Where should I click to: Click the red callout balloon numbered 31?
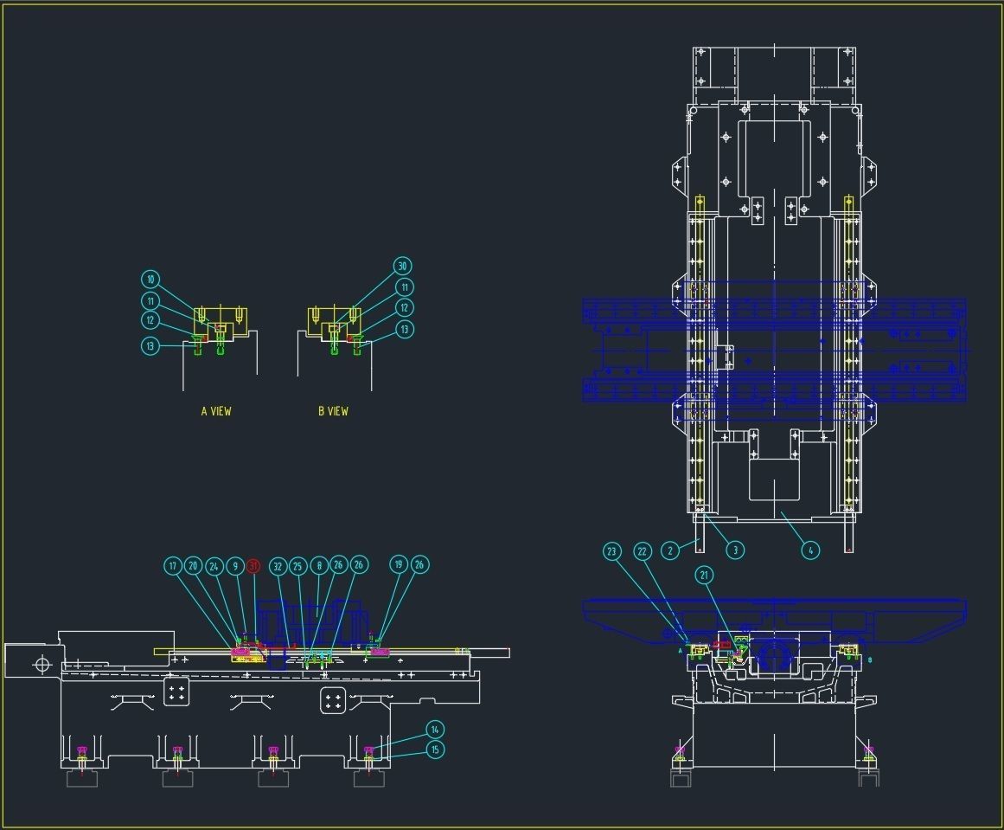[253, 566]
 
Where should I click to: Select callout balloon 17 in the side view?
[173, 566]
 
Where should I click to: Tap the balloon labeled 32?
[278, 566]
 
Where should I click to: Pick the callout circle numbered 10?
[150, 280]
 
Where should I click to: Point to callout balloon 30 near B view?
[401, 266]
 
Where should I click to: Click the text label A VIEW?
[216, 411]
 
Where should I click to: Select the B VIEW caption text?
[333, 411]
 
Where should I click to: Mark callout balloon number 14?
[435, 730]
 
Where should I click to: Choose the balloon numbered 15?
[435, 750]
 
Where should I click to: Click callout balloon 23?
[612, 551]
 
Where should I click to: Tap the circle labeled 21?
[704, 575]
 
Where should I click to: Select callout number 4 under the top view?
[809, 550]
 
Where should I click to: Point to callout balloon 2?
[669, 550]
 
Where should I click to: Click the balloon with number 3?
[735, 550]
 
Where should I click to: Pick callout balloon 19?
[399, 565]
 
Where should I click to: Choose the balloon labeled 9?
[235, 566]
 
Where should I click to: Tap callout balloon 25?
[297, 565]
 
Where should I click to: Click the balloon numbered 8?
[318, 565]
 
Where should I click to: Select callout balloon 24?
[214, 566]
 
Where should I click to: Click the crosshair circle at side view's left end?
[41, 665]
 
